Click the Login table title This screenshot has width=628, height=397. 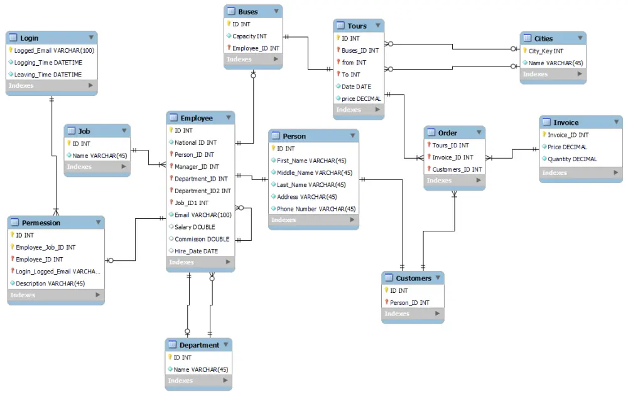29,38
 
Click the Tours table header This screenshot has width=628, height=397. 357,26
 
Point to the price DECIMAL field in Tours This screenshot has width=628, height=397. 361,98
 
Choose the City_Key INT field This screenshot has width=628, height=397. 546,51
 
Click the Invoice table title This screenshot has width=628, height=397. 565,122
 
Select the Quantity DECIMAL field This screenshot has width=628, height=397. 572,159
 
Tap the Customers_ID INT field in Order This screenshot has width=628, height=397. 457,169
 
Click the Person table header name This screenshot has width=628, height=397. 294,136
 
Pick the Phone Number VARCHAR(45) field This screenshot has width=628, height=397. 316,209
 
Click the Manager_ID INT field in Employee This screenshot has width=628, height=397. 197,167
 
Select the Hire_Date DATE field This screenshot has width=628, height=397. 196,251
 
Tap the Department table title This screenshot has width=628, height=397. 199,345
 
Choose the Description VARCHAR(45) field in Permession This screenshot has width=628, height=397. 50,283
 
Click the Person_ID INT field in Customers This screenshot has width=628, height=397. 409,302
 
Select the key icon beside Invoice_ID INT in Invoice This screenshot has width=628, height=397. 544,135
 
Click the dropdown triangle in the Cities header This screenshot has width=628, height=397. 578,38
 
